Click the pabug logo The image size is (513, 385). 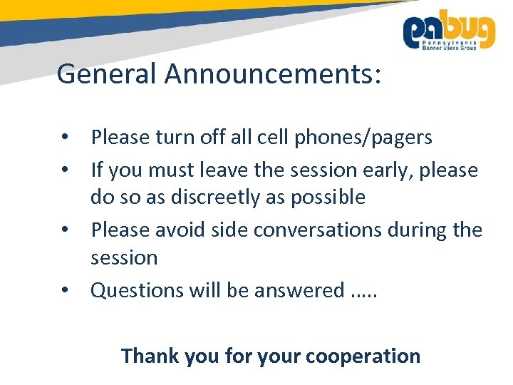pyautogui.click(x=449, y=30)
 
